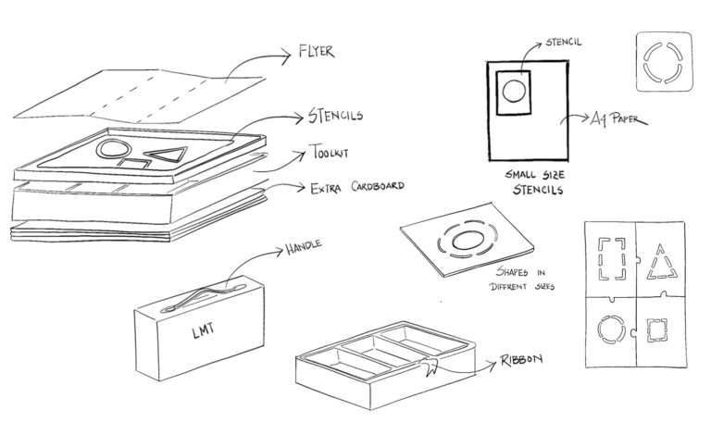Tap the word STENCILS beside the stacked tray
point(335,117)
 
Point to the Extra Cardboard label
point(356,186)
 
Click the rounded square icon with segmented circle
point(664,61)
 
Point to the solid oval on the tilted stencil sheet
point(467,242)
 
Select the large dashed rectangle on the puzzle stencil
point(612,260)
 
